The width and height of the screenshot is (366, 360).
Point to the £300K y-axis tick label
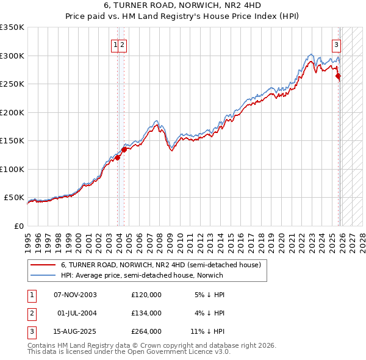(12, 56)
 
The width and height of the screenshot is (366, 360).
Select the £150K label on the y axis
(12, 141)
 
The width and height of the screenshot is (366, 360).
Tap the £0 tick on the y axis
(18, 226)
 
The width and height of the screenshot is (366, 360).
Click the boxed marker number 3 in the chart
(336, 44)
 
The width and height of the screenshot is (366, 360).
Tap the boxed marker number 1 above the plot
(115, 44)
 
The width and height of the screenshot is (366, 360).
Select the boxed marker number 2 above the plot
(123, 44)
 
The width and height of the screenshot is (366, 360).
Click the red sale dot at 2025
(339, 76)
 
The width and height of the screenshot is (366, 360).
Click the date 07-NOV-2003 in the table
(75, 295)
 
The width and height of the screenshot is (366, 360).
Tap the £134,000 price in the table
(146, 313)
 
